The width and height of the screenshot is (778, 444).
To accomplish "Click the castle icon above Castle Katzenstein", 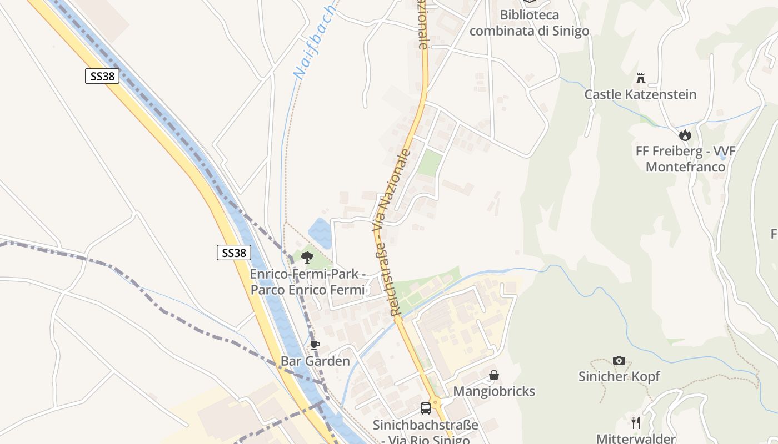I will tap(640, 78).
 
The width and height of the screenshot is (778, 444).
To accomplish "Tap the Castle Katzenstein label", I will tap(640, 94).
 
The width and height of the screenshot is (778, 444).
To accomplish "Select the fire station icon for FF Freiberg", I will tap(685, 135).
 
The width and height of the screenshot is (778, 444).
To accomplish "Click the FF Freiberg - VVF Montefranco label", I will tap(686, 159).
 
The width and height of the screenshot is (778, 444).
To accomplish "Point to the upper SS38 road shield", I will tap(102, 76).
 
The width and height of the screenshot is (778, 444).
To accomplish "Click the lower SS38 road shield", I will tap(233, 253).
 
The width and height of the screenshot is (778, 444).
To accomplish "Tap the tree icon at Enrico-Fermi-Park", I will tap(307, 257).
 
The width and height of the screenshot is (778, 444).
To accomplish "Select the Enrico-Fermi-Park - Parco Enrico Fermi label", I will tap(307, 282).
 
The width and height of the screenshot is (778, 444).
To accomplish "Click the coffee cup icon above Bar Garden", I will tap(315, 345).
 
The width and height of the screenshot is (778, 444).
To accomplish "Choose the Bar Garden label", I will tap(315, 361).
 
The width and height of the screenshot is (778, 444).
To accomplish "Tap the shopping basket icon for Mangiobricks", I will tap(494, 376).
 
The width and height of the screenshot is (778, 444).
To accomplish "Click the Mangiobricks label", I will tap(494, 391).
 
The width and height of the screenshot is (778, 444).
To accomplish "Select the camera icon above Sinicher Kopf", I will tap(619, 361).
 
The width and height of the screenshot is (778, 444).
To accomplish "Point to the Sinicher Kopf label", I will tap(619, 376).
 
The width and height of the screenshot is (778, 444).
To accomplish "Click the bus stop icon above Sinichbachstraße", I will tap(426, 409).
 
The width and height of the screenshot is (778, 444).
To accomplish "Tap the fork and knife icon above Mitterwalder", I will tap(636, 423).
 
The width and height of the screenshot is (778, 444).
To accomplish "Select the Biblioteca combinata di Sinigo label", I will tap(529, 23).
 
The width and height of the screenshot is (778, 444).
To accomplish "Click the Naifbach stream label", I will tap(315, 42).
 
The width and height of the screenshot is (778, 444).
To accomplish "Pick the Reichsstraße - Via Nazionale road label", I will tap(393, 233).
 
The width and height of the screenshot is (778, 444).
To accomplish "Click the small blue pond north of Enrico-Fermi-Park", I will tap(320, 233).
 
